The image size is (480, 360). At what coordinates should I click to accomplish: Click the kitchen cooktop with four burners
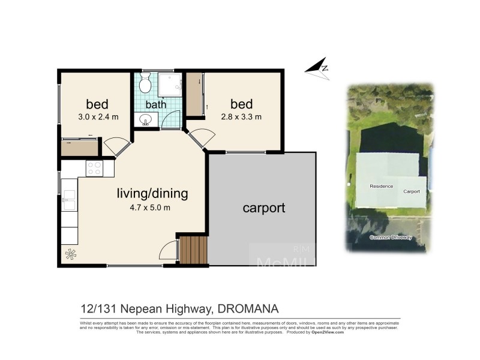[x=94, y=169]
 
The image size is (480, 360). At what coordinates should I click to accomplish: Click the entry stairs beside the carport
[x=193, y=250]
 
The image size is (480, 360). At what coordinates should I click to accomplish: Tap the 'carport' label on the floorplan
[x=263, y=208]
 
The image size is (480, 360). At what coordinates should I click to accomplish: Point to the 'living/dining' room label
[x=152, y=194]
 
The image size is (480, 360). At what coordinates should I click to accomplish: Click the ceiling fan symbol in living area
[x=71, y=254]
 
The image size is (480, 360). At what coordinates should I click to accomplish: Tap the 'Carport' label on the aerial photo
[x=411, y=191]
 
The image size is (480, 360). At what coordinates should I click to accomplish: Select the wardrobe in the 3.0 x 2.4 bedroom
[x=79, y=148]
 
